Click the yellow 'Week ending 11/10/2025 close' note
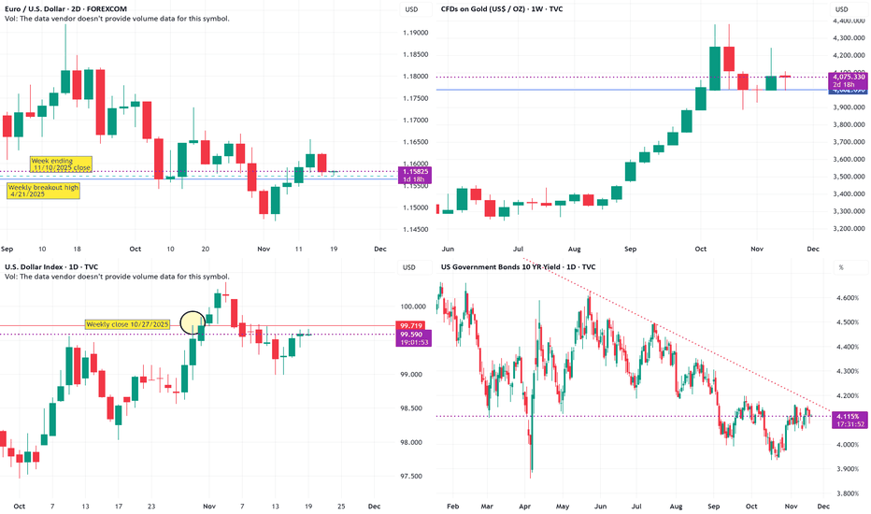point(61,165)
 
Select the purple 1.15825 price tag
point(415,172)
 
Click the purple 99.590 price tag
point(415,334)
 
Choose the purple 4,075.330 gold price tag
point(848,78)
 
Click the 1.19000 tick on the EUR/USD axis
point(417,33)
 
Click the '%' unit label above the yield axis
point(841,268)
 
